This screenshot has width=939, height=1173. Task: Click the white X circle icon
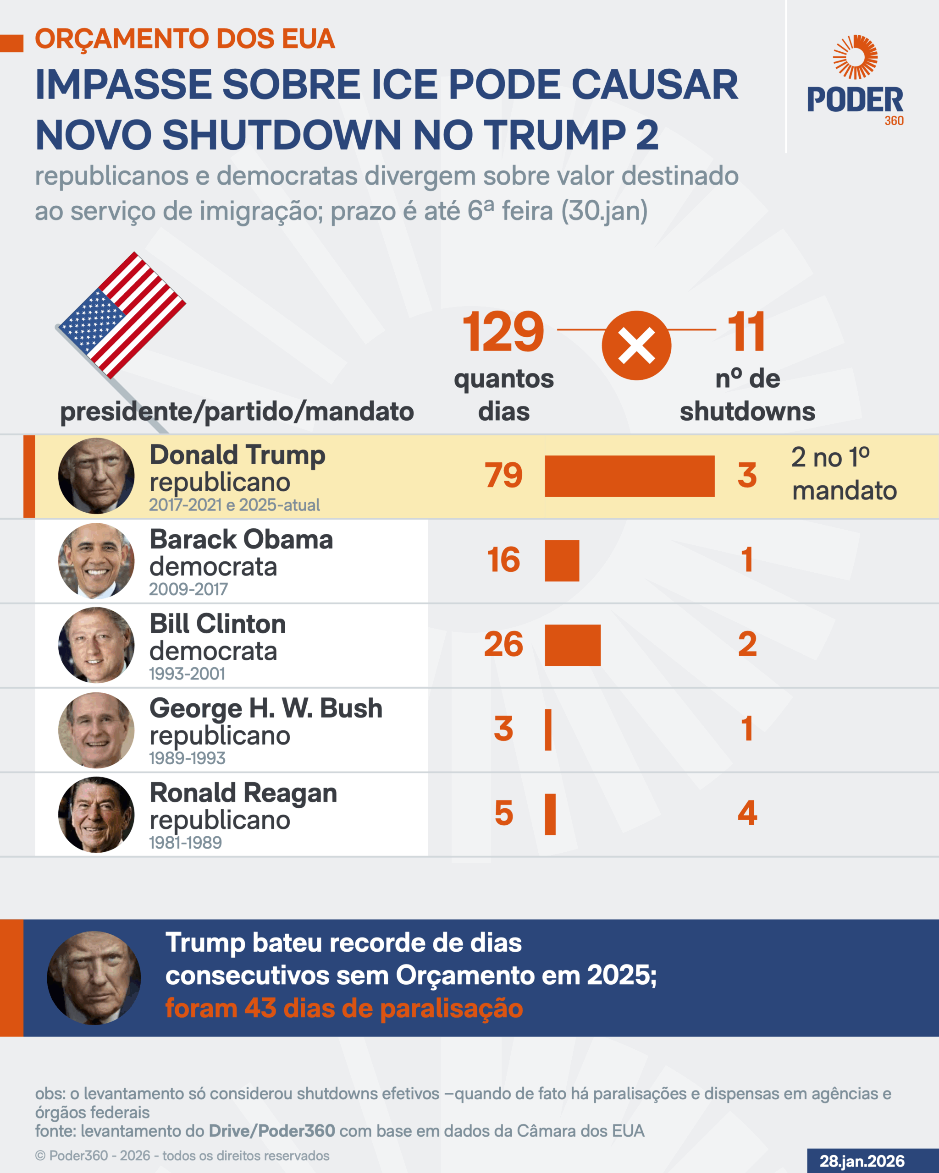(x=636, y=345)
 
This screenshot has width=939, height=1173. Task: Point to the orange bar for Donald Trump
(x=629, y=476)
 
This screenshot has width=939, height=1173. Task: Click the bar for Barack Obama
(x=562, y=560)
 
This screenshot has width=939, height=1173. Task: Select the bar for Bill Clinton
(x=573, y=645)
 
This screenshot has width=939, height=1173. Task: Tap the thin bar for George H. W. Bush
(x=548, y=729)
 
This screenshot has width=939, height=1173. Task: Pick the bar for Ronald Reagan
(x=550, y=814)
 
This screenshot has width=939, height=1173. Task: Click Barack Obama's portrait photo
(x=96, y=561)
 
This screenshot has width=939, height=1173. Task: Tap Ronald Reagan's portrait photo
(x=96, y=815)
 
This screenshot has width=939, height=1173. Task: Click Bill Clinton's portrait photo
(x=96, y=645)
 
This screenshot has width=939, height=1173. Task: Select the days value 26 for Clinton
(x=503, y=645)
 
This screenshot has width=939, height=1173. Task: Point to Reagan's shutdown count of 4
(x=747, y=813)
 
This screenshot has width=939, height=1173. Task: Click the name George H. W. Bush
(x=265, y=708)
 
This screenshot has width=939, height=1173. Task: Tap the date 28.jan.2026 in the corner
(x=862, y=1161)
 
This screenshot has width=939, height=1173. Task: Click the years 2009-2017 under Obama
(x=188, y=589)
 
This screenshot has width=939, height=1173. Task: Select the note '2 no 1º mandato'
(x=844, y=474)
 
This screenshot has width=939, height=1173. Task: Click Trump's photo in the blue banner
(x=94, y=978)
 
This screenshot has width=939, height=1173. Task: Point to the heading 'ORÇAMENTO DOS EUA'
(x=185, y=39)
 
